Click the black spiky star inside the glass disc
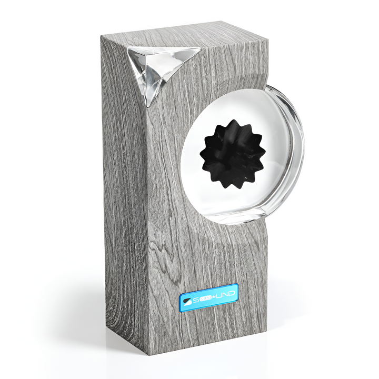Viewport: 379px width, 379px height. [x=232, y=154]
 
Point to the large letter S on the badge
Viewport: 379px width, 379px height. [x=196, y=300]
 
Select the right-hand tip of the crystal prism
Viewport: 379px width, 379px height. [x=200, y=49]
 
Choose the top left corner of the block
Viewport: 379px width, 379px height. [x=102, y=38]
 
